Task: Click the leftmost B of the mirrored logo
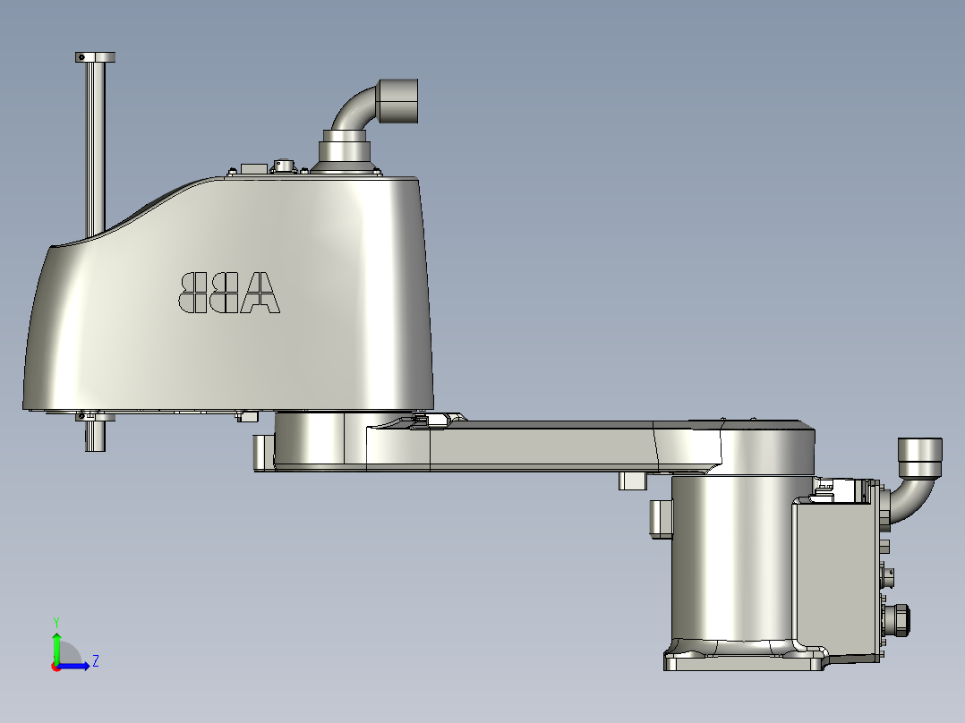tap(193, 293)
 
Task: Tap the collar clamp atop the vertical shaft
tap(95, 57)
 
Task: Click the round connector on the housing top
tap(284, 166)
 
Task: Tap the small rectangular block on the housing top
tap(252, 167)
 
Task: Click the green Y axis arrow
tap(56, 642)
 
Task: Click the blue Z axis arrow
tap(77, 665)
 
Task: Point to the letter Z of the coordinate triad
tap(95, 661)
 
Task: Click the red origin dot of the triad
tap(56, 666)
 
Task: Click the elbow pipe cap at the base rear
tap(920, 457)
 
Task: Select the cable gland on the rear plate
tap(898, 618)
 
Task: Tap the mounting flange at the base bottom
tap(743, 661)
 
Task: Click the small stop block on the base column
tap(660, 519)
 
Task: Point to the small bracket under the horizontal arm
tap(632, 481)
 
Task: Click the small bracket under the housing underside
tap(247, 416)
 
